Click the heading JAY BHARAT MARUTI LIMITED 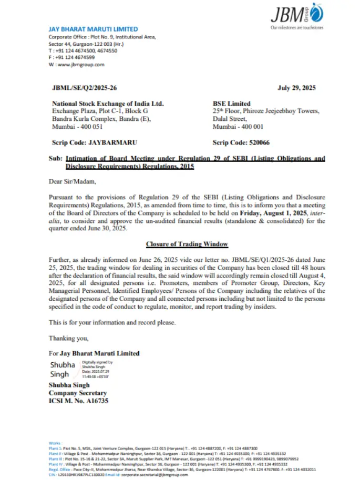click(93, 29)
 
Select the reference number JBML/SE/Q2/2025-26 click(84, 88)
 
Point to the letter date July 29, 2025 click(296, 88)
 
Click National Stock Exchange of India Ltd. click(108, 104)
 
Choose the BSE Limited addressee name click(232, 104)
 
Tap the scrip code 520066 click(242, 142)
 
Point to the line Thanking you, click(69, 338)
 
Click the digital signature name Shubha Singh click(63, 369)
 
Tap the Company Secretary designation click(78, 393)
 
